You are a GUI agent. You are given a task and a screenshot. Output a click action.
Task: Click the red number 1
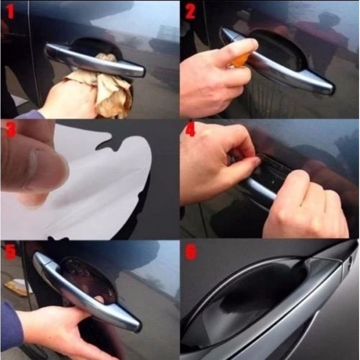[x=10, y=11]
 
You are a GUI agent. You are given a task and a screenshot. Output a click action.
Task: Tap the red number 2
[x=190, y=11]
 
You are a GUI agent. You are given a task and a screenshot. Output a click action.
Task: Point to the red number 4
[x=191, y=130]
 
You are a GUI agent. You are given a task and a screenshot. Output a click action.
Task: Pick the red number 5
[x=10, y=251]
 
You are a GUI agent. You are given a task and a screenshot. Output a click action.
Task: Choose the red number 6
[x=191, y=252]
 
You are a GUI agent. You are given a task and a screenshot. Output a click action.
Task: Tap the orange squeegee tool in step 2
[x=242, y=60]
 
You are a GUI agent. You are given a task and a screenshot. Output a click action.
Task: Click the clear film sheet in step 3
[x=108, y=181]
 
